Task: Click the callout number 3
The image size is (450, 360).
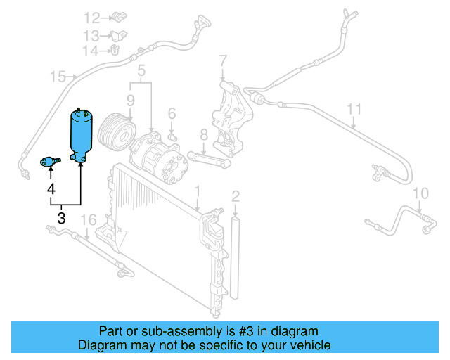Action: point(61,218)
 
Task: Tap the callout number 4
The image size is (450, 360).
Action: point(51,189)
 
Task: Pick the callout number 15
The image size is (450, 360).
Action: point(58,76)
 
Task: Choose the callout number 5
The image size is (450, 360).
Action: point(141,70)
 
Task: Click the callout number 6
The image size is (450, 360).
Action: point(172,113)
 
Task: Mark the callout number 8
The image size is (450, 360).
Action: point(203,134)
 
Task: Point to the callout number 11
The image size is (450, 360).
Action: point(354,109)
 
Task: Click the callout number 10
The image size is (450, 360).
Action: point(420,193)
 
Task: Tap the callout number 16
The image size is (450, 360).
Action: point(87,221)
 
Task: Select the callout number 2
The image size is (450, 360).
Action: point(236,196)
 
